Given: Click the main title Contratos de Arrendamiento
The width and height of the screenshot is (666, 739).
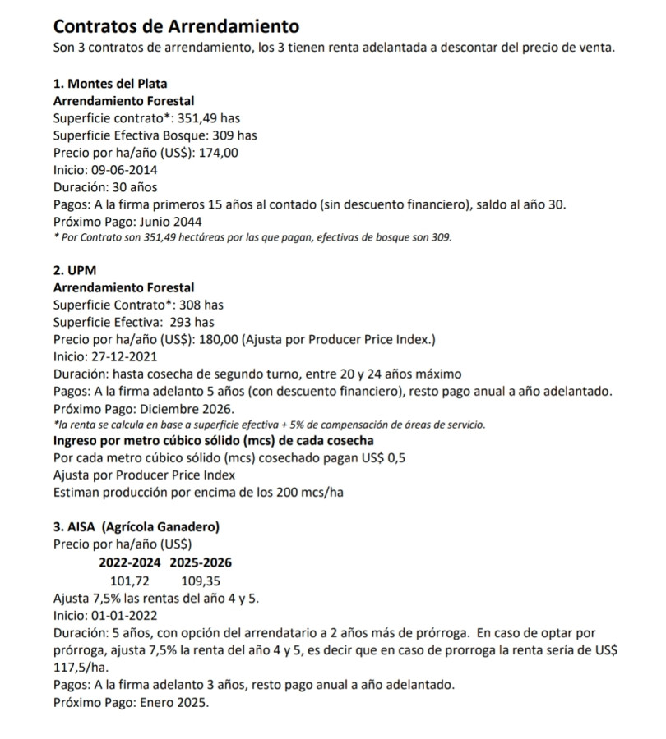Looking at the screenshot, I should click(176, 28).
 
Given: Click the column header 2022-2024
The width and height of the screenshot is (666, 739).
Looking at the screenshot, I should click(130, 562).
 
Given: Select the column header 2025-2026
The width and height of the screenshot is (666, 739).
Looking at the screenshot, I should click(201, 562).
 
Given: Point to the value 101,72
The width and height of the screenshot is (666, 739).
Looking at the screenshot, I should click(130, 581).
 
